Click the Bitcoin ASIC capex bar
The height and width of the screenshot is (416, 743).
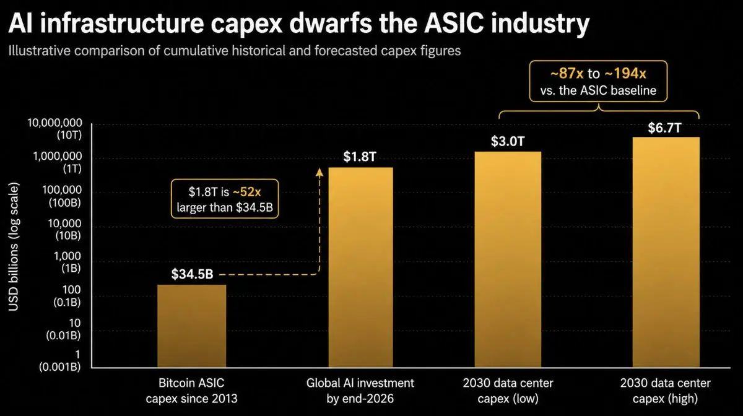coord(192,326)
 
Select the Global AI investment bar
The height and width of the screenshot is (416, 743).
coord(360,267)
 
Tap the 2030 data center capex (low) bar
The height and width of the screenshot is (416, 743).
coord(508,259)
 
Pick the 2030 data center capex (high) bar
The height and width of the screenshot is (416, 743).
coord(666,252)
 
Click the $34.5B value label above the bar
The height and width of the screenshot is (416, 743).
coord(192,274)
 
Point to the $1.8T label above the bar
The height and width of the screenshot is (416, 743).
coord(360,157)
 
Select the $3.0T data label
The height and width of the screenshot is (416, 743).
coord(508,141)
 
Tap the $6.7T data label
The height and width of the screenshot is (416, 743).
coord(665,128)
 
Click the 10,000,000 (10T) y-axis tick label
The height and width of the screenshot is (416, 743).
coord(54,129)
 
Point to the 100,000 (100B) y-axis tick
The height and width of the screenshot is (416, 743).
coord(62,196)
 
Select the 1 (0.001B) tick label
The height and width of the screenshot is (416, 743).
coord(60,361)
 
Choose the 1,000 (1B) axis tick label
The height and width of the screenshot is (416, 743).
coord(67,262)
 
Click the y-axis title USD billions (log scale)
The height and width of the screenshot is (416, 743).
coord(13,247)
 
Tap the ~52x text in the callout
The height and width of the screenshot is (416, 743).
coord(247,191)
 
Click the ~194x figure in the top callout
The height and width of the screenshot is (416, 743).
coord(625,73)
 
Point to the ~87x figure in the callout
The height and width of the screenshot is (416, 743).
coord(567,73)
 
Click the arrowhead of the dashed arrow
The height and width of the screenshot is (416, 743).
coord(319,172)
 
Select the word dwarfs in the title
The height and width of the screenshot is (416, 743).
coord(331,24)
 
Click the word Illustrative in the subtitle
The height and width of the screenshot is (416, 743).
coord(40,51)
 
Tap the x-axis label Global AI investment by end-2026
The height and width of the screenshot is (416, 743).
coord(360,391)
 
